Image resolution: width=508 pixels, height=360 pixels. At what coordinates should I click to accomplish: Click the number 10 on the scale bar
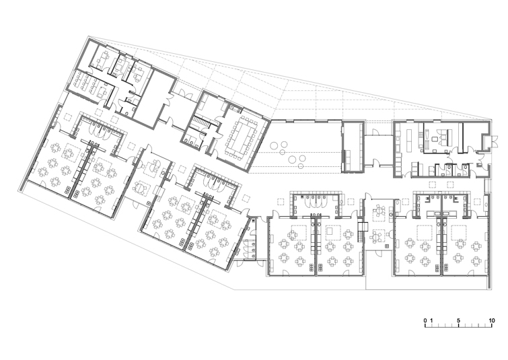point(492,320)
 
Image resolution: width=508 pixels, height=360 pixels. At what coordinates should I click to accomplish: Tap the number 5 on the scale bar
point(458,320)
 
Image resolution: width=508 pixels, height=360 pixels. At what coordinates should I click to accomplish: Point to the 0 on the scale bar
point(425,320)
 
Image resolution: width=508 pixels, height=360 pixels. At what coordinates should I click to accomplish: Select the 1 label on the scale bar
point(431,320)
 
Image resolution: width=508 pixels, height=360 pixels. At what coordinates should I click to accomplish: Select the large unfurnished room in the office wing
point(155,96)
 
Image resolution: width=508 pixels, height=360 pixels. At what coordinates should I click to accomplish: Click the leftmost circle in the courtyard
point(276,145)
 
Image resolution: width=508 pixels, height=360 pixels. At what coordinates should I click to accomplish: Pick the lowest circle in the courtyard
point(300,166)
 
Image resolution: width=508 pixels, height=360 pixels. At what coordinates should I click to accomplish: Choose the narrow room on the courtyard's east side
point(353,146)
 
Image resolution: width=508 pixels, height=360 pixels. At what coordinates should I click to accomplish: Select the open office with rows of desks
point(90,84)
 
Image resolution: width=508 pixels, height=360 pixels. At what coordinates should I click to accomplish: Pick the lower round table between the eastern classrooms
point(376,237)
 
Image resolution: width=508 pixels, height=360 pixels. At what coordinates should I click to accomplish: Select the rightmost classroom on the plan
point(465,246)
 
